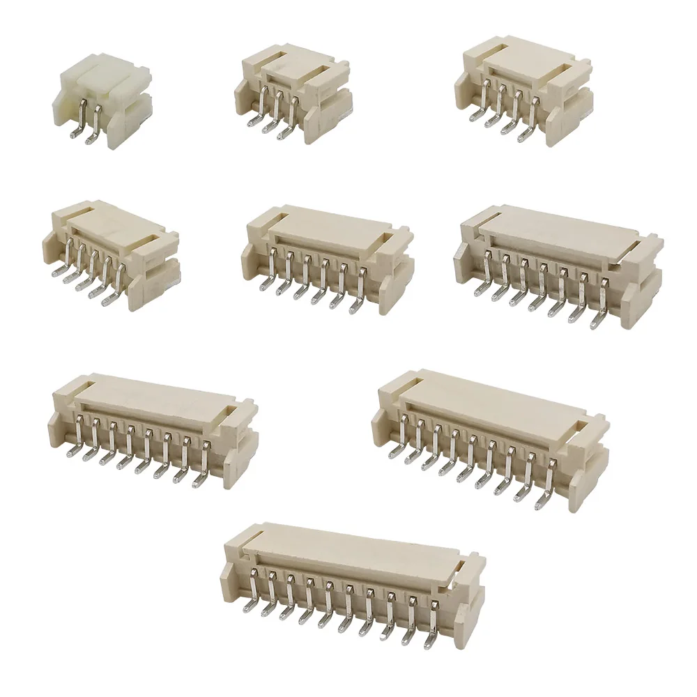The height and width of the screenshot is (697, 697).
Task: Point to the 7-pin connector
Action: click(x=558, y=265)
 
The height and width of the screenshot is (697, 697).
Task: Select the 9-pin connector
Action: click(x=488, y=436)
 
